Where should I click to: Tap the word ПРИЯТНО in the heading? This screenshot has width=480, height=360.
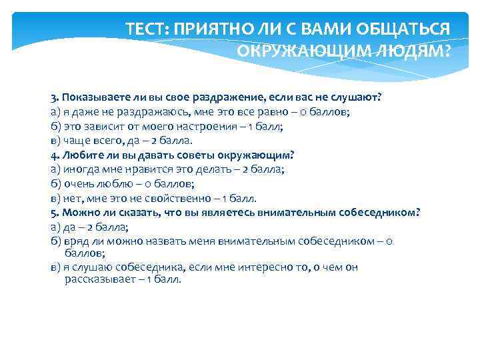203,29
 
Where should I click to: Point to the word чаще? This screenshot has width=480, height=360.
75,140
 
